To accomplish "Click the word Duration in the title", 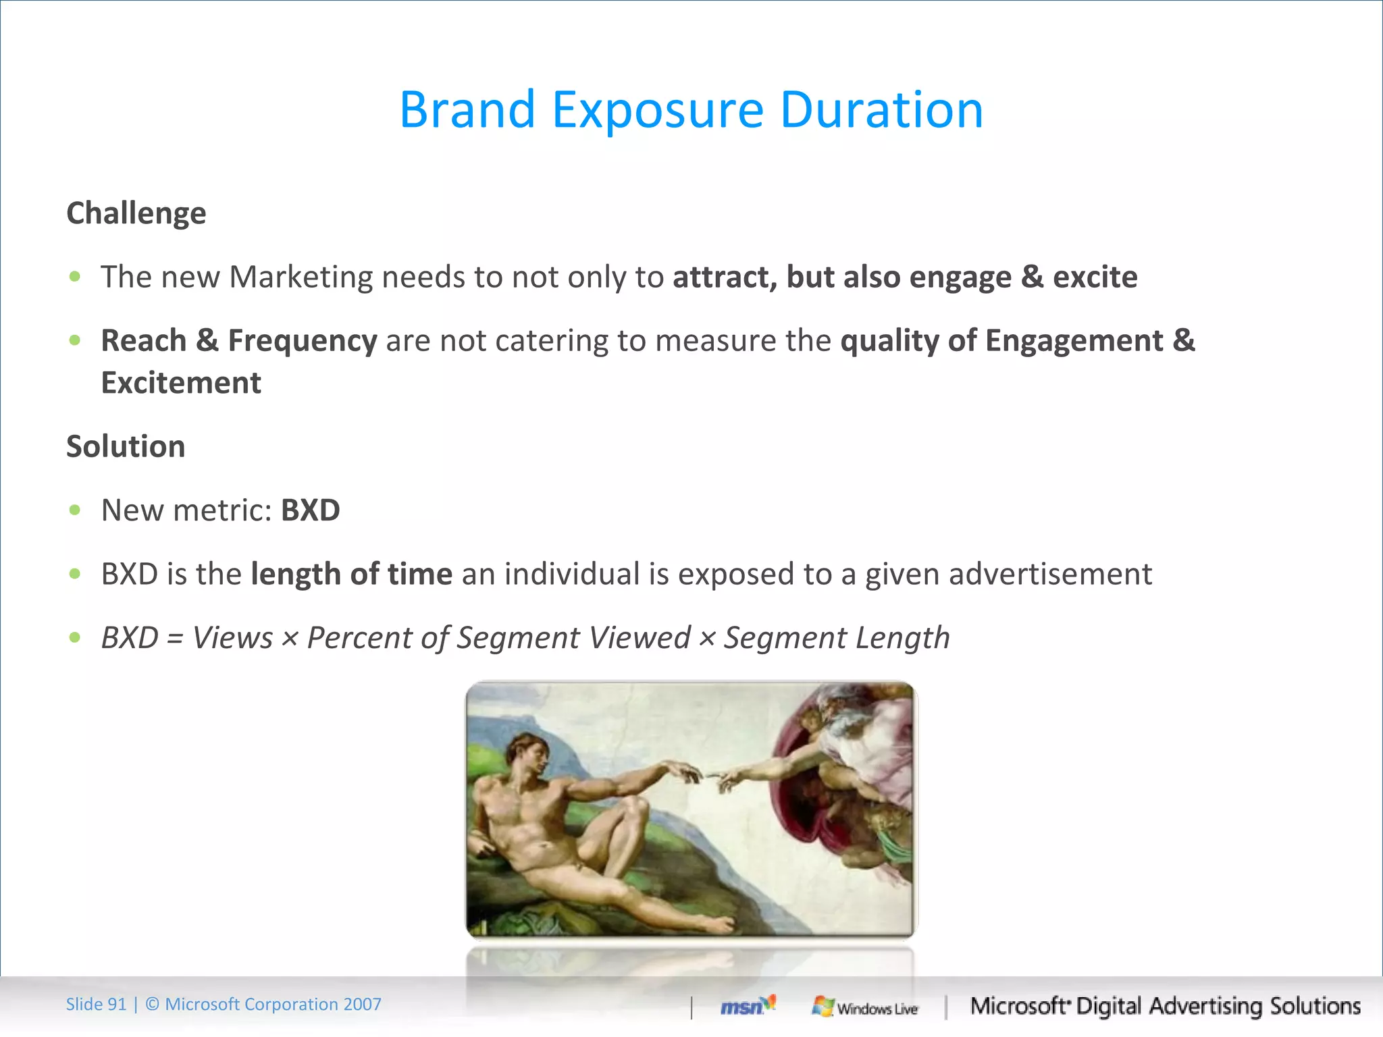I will point(881,110).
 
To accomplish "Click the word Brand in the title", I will point(467,110).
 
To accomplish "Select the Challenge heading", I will point(136,213).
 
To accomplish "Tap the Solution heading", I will point(126,447).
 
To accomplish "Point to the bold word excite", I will point(1095,277).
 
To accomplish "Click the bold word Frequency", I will point(302,340).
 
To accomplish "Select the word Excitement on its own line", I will point(181,383).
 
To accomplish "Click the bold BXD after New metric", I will point(310,510).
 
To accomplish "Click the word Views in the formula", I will point(232,638).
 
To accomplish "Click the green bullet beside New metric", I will point(75,510).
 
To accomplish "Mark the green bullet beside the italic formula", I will point(75,637).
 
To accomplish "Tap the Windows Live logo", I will point(865,1007).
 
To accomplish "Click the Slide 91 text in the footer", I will point(96,1005).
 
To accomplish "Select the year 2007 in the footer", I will point(362,1005).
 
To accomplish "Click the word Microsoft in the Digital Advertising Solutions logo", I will point(1018,1006).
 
